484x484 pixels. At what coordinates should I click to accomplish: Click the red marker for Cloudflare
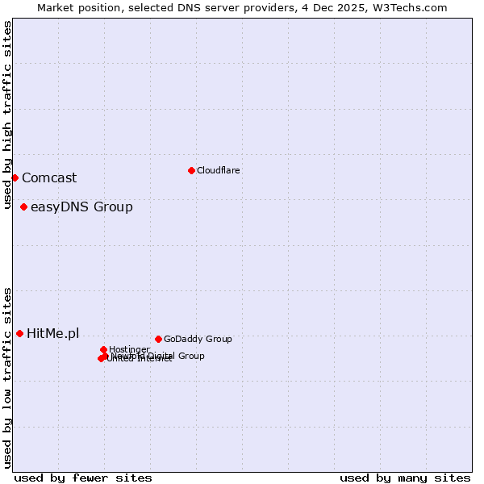(x=191, y=170)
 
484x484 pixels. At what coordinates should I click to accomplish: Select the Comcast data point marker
(x=15, y=177)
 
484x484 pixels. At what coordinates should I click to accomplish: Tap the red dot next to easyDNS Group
(x=23, y=207)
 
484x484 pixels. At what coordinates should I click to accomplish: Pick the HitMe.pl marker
(x=19, y=333)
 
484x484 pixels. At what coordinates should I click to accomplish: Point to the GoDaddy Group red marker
(x=158, y=339)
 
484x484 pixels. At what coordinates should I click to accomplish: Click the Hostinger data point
(x=104, y=349)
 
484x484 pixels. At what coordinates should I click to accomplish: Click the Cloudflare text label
(x=219, y=170)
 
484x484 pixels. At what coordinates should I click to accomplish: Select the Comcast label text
(x=49, y=177)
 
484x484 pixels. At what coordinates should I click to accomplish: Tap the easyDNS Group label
(x=81, y=207)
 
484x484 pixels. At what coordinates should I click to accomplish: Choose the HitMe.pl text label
(x=53, y=333)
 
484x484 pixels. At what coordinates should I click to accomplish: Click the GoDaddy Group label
(x=198, y=339)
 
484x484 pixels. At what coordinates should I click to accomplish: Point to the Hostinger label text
(x=129, y=349)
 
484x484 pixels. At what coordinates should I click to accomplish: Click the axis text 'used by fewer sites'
(x=83, y=478)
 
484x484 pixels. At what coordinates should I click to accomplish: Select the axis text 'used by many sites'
(x=405, y=478)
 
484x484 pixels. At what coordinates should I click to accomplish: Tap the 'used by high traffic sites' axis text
(x=8, y=115)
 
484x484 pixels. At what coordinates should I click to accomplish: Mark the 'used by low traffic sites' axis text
(x=8, y=377)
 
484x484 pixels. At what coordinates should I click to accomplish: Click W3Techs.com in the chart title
(x=410, y=7)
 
